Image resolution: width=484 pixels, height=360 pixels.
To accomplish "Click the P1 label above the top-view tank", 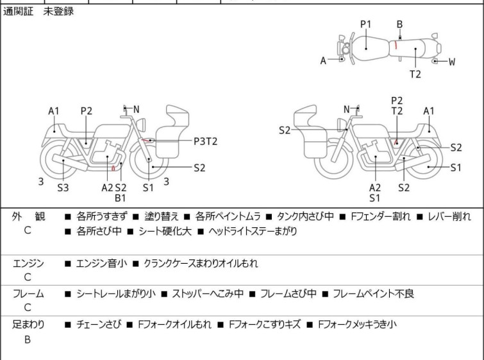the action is (366, 24).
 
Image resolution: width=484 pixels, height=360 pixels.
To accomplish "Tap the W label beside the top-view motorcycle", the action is (452, 62).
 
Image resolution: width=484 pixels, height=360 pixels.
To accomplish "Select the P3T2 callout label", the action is (206, 142).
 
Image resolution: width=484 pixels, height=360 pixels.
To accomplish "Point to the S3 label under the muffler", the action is (63, 187).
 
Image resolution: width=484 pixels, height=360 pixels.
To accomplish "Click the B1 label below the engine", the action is (120, 198).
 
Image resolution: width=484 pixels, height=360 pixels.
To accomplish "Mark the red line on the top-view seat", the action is (396, 45).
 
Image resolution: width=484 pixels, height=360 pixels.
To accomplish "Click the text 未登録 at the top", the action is (58, 12).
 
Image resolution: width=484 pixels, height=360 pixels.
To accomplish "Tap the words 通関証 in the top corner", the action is (18, 12).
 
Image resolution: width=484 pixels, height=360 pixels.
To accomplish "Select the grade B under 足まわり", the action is (28, 339).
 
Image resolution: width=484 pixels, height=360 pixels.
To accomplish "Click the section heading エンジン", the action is (28, 264).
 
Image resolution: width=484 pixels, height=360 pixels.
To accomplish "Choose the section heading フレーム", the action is (28, 293).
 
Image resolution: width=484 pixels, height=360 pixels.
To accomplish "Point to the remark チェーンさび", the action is (99, 325).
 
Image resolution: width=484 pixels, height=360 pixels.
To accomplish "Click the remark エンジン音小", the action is (101, 264).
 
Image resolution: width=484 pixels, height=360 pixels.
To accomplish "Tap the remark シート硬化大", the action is (165, 231).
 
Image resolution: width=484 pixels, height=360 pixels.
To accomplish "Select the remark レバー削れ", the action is (449, 216).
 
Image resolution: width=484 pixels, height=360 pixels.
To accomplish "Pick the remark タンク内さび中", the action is (305, 216).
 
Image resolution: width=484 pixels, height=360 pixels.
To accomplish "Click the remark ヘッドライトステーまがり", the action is (253, 231).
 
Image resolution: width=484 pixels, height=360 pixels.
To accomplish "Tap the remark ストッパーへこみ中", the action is (208, 293).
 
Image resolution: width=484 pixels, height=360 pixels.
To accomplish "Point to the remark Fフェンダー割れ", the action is (381, 216).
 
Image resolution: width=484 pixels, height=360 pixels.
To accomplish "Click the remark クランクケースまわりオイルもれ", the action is (201, 264).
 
